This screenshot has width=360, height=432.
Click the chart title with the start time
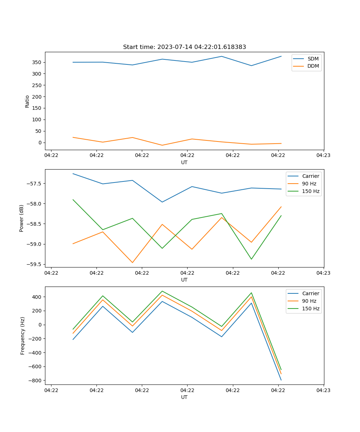click(184, 47)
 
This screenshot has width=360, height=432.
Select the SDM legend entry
click(313, 59)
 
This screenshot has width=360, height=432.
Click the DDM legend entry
click(313, 66)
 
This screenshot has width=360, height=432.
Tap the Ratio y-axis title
click(27, 101)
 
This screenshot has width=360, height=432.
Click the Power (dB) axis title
click(22, 218)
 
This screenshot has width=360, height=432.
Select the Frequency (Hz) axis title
click(23, 336)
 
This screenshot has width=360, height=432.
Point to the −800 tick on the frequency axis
click(35, 381)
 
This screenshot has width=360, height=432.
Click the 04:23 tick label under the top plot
click(323, 156)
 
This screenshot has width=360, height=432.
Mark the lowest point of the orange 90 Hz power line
click(132, 262)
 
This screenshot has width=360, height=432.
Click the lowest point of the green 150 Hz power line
click(251, 259)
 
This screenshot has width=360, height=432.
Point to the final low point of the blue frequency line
click(281, 380)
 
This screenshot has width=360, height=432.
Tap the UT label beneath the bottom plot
click(184, 397)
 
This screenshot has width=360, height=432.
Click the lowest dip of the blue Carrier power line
click(162, 202)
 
